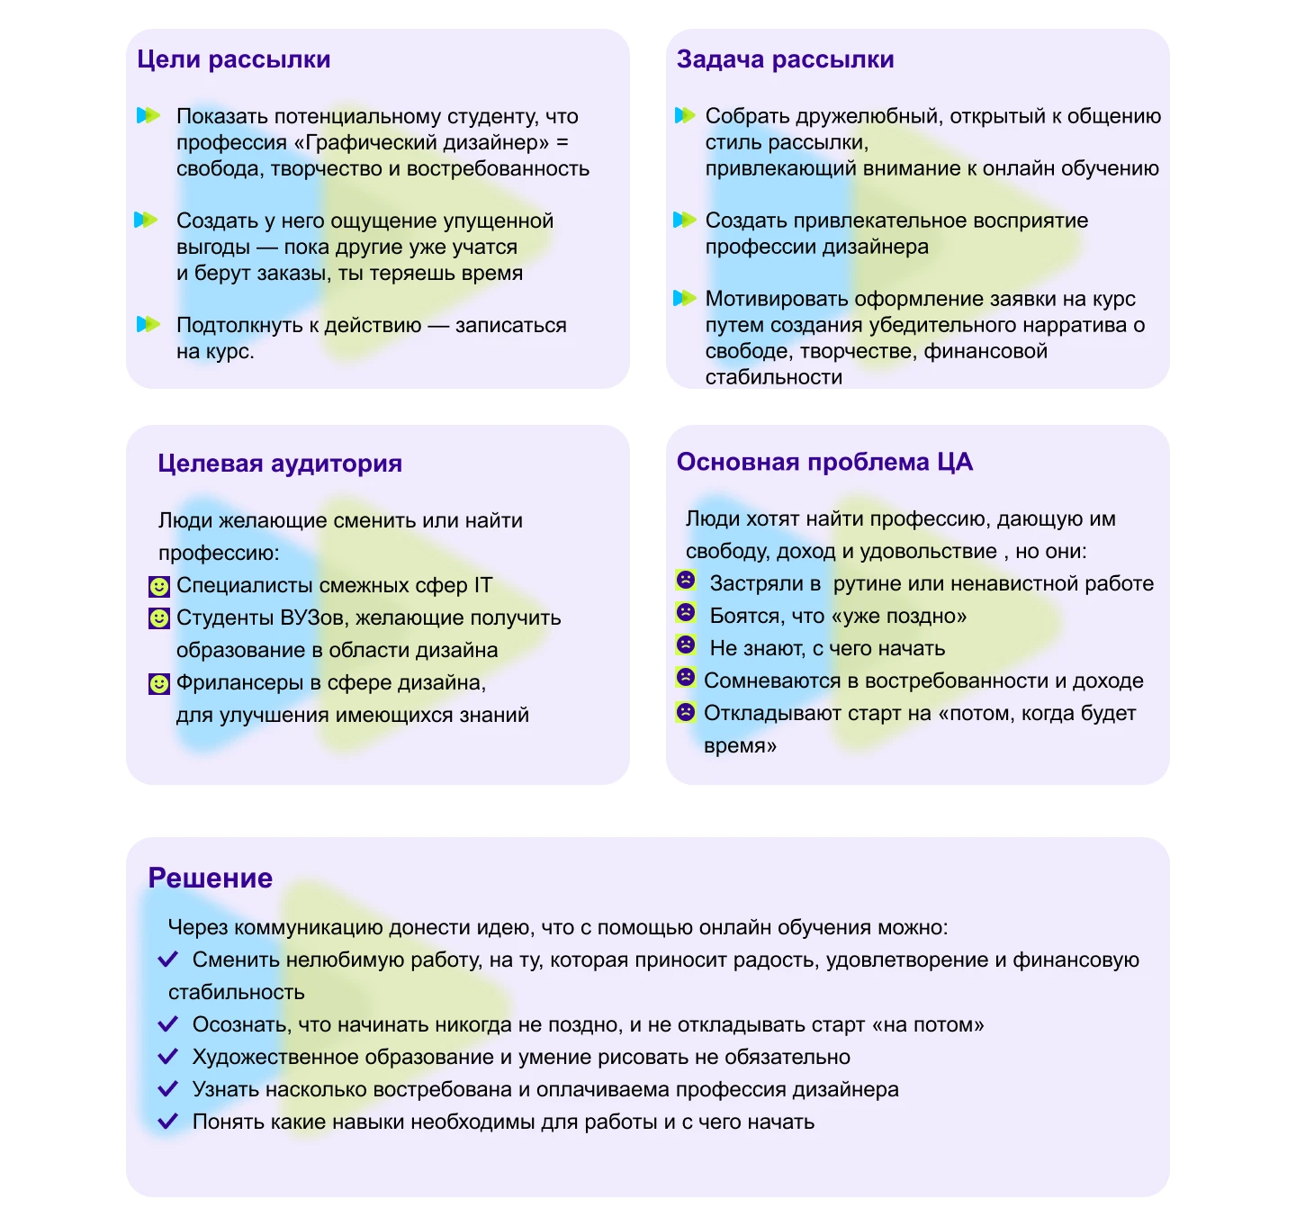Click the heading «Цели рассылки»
[234, 59]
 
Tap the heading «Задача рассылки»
[785, 59]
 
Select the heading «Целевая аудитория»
[280, 464]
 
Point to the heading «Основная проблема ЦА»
[824, 462]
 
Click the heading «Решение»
[211, 878]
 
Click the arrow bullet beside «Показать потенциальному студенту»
[148, 115]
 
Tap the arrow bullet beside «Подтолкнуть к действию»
[148, 324]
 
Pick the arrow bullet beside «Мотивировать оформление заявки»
[685, 298]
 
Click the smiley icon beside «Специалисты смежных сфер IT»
[159, 587]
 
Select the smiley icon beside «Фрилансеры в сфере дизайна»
[159, 684]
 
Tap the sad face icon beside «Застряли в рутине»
[686, 581]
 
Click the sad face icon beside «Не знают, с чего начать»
[686, 645]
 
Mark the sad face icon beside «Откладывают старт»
[686, 712]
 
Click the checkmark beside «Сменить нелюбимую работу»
[168, 960]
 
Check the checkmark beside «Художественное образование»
[168, 1057]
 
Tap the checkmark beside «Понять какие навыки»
[168, 1122]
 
